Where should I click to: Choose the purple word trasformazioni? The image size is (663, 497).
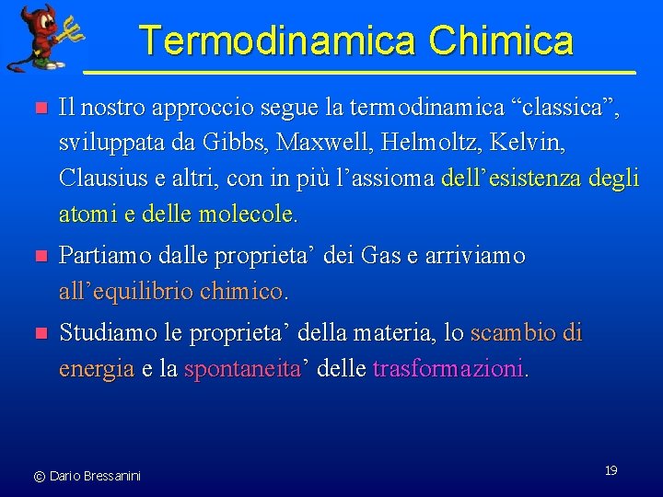click(x=449, y=369)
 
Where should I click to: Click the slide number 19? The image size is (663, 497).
click(x=611, y=470)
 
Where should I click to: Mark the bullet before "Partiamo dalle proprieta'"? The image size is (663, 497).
click(x=39, y=257)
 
